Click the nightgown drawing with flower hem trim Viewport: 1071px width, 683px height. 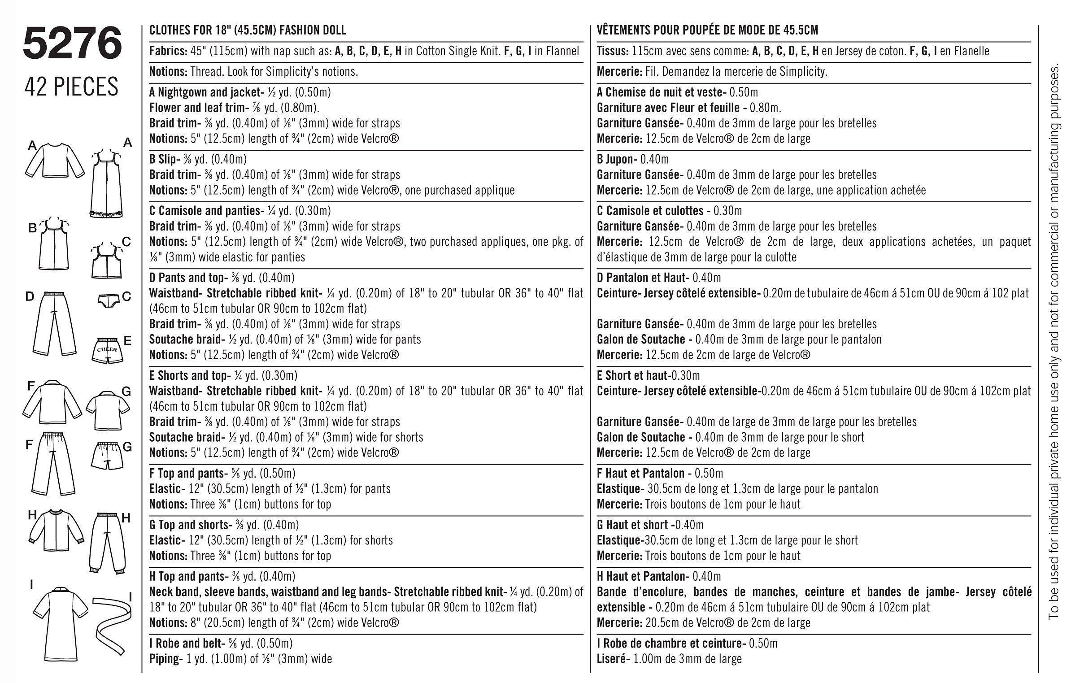click(x=108, y=184)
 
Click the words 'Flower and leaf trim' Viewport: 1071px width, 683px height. click(x=196, y=108)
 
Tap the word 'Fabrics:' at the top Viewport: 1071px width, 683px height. click(x=168, y=51)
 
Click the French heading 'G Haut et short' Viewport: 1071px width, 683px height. click(x=633, y=525)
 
